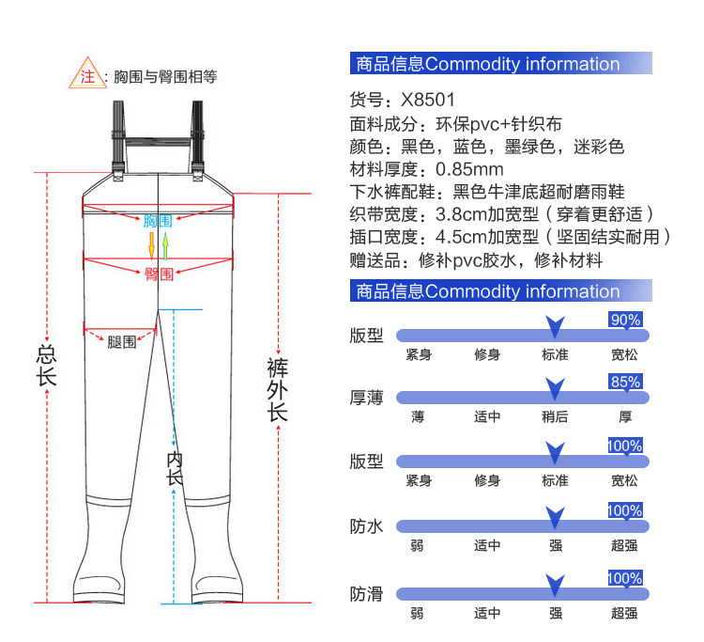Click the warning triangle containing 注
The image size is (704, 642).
tap(87, 76)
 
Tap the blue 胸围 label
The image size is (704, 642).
tap(158, 221)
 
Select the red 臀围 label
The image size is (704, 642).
tap(158, 274)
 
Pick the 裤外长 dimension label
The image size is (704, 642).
tap(277, 389)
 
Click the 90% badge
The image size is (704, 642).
tap(625, 320)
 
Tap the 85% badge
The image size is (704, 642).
tap(625, 383)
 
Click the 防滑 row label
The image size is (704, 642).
tap(367, 594)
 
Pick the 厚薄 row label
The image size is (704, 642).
tap(367, 398)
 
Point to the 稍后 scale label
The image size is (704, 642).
tap(555, 417)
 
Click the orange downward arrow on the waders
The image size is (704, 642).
tap(150, 246)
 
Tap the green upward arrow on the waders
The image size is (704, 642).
tap(165, 246)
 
